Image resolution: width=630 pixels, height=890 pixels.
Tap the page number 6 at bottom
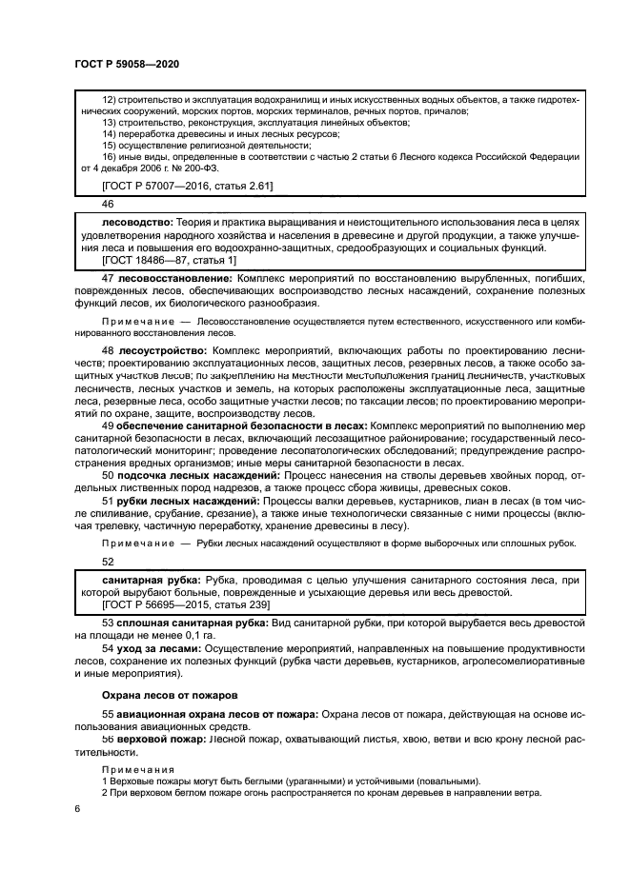coord(77,808)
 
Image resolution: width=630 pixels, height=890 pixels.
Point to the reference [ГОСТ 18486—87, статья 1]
coord(169,258)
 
